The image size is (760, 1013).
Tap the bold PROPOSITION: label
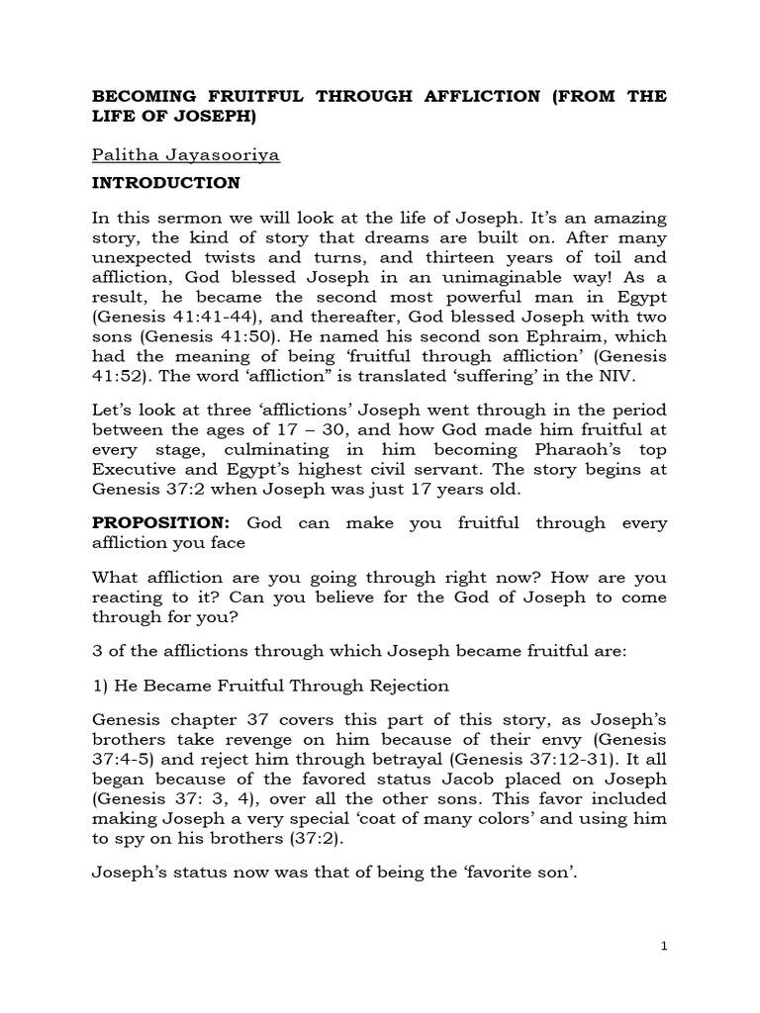click(162, 522)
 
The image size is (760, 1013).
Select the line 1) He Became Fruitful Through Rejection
click(270, 686)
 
